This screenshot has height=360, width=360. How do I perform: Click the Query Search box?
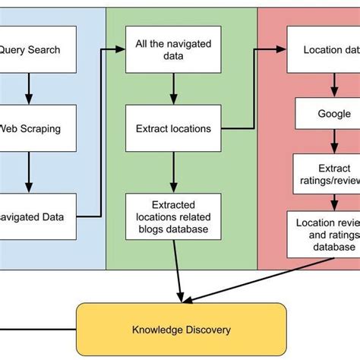38,50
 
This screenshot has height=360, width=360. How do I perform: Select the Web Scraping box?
38,128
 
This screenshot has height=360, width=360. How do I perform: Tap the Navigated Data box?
38,216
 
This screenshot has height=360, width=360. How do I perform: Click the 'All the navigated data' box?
173,50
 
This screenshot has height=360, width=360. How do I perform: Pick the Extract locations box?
173,128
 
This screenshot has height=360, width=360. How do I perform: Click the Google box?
333,114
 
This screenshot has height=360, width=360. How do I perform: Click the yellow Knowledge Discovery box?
182,330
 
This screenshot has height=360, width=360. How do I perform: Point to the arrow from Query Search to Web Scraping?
28,89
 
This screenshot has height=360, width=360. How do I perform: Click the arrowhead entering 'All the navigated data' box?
121,50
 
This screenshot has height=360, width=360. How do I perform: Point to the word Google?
334,114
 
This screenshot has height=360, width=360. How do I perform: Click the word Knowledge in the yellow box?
159,330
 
